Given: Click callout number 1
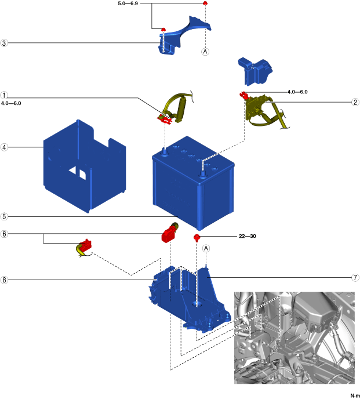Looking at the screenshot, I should (x=4, y=95).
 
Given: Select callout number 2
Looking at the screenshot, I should (x=355, y=103).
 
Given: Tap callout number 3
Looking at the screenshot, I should (x=4, y=43).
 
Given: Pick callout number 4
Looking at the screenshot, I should (x=4, y=147).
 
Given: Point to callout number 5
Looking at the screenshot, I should (x=4, y=217).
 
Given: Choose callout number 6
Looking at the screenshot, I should (x=4, y=234).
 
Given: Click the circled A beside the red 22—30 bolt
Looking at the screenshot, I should (x=205, y=248).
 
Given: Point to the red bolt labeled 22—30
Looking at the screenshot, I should (x=197, y=237).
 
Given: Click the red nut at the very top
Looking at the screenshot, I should (x=205, y=3).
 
